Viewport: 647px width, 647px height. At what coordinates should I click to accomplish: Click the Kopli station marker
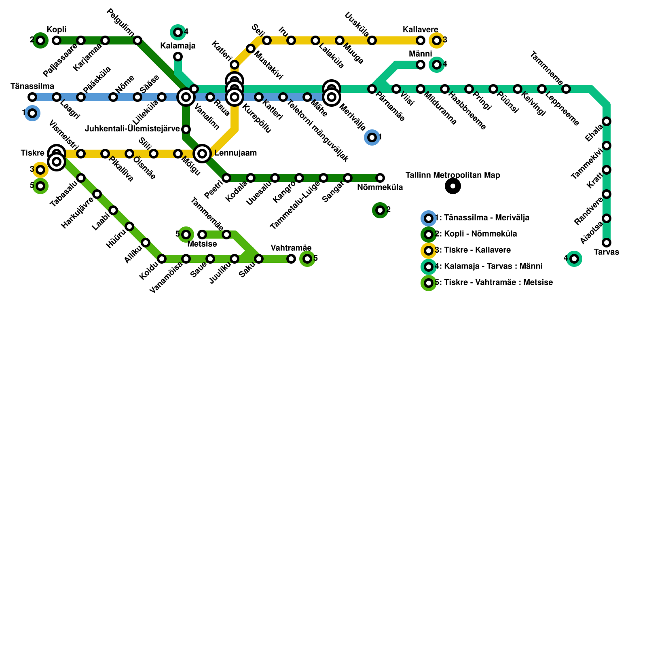point(57,40)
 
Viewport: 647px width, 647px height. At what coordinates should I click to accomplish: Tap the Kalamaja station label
point(178,46)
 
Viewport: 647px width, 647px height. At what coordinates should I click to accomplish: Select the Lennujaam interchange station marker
point(202,154)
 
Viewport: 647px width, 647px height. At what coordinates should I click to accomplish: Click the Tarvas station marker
point(607,243)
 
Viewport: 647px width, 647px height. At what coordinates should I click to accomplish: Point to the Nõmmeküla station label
point(380,188)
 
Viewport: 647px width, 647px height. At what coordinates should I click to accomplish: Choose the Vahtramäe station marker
point(291,259)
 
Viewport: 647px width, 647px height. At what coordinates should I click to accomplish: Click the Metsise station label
point(202,244)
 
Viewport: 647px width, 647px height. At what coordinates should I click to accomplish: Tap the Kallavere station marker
point(421,40)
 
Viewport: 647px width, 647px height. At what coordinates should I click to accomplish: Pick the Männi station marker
point(421,65)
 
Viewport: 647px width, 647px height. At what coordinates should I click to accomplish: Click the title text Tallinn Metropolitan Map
point(453,175)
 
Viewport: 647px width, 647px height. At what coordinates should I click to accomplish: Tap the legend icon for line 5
point(429,283)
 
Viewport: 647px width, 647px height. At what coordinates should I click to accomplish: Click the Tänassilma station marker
point(32,97)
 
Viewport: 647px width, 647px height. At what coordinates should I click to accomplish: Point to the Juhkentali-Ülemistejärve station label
point(133,129)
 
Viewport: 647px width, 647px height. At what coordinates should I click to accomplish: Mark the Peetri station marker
point(226,178)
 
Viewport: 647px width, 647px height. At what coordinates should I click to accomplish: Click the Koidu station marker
point(162,259)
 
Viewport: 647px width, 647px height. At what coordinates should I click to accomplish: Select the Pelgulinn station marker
point(137,40)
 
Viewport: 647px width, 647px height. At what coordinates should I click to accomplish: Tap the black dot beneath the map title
point(453,186)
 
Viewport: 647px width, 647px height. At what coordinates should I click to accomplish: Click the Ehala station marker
point(607,121)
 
